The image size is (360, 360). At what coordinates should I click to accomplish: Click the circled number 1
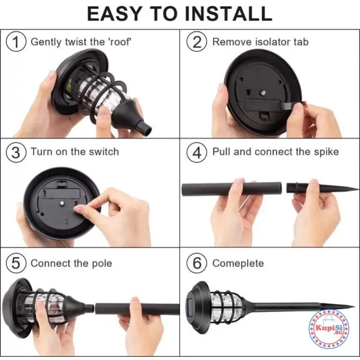[16, 42]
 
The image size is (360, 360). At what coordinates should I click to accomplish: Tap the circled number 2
[197, 42]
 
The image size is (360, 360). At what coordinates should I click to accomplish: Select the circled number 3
[16, 152]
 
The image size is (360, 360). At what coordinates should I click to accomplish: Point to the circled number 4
[197, 152]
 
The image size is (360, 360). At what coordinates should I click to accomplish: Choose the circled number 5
[16, 263]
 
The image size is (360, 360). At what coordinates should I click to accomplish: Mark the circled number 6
[197, 263]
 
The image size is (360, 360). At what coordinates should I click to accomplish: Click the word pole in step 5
[102, 264]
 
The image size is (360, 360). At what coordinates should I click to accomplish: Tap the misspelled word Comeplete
[238, 263]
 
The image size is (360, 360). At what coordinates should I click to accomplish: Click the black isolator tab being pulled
[288, 106]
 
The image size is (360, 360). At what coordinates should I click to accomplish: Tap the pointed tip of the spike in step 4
[358, 189]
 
